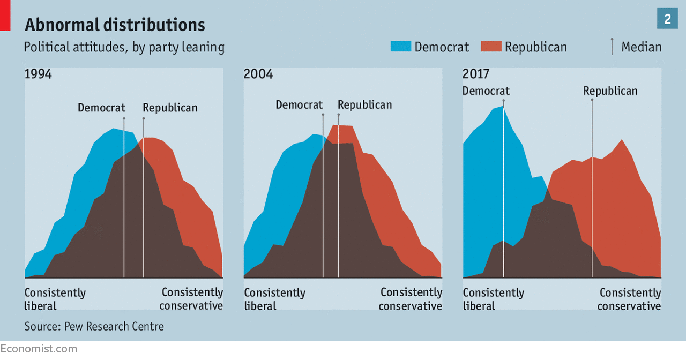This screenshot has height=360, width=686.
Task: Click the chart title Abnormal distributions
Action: (115, 25)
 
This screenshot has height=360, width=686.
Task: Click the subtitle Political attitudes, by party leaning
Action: (124, 47)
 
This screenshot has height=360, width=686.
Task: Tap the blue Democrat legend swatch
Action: (400, 47)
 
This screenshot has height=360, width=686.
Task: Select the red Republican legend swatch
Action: (491, 47)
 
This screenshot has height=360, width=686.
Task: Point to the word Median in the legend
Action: (641, 47)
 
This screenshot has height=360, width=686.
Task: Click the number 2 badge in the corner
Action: (667, 19)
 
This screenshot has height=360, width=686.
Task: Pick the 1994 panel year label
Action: (38, 74)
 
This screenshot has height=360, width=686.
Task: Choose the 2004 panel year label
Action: (258, 74)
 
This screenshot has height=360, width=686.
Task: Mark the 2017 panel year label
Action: (476, 74)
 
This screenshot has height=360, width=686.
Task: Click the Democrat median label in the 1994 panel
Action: (101, 108)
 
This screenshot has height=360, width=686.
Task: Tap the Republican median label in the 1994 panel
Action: (170, 108)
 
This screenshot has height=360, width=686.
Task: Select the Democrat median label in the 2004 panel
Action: (299, 104)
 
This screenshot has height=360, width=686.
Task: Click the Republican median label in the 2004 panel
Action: (364, 104)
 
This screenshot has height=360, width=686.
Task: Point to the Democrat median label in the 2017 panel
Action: (486, 91)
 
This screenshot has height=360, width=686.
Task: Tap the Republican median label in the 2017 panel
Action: (610, 91)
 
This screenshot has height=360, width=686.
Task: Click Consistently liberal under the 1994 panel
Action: (55, 299)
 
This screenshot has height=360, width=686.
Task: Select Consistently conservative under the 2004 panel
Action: (411, 299)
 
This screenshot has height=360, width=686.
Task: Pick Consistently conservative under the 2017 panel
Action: (630, 299)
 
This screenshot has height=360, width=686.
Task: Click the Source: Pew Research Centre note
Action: (94, 326)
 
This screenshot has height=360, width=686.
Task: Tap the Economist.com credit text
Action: (39, 349)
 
